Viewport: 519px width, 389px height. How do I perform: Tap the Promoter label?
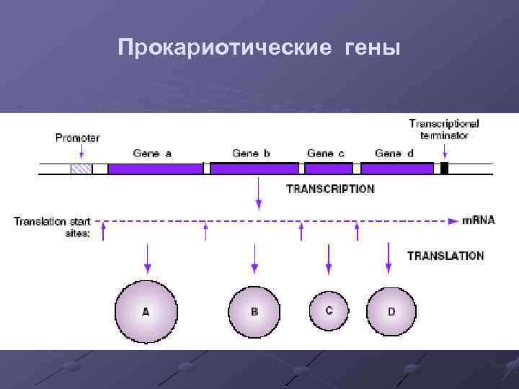tap(78, 137)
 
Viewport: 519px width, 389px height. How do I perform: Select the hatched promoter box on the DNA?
tap(81, 169)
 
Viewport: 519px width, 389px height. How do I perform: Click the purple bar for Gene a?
tap(155, 169)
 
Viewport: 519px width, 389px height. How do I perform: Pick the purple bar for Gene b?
tap(254, 169)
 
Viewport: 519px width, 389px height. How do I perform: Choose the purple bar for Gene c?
tap(329, 169)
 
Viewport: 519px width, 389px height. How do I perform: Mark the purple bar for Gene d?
tap(397, 169)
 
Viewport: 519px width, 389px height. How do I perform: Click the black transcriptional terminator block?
tap(444, 169)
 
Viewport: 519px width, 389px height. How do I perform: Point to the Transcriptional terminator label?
tap(444, 129)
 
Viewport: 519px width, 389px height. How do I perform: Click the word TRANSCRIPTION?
tap(331, 189)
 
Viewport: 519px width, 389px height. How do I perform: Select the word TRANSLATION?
tap(445, 255)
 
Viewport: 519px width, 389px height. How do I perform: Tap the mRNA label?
tap(478, 220)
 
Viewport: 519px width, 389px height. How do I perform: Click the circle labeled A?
tap(146, 311)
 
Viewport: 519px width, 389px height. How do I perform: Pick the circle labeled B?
tap(254, 311)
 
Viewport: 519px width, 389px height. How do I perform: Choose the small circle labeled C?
tap(329, 310)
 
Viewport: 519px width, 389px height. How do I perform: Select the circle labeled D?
tap(391, 311)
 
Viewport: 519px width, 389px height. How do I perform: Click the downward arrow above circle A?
tap(147, 258)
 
